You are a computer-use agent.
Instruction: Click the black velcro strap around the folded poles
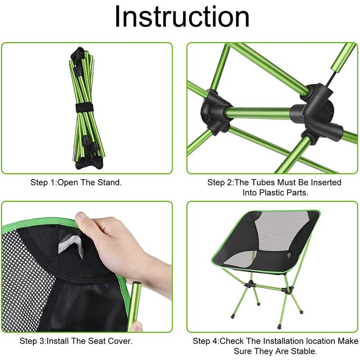[81, 108]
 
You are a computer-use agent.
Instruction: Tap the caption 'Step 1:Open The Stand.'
[76, 182]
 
